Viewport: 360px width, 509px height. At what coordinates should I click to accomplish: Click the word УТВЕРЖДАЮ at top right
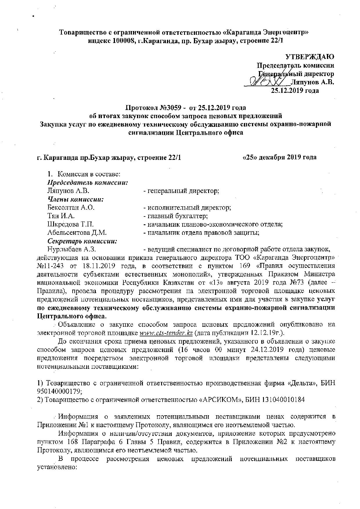click(x=310, y=56)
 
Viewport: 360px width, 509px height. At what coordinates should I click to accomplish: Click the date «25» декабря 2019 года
click(x=279, y=157)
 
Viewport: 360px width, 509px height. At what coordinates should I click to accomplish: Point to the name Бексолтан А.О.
click(x=71, y=208)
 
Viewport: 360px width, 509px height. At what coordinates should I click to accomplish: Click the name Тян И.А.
click(x=61, y=216)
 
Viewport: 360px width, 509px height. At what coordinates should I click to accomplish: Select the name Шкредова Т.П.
click(x=70, y=224)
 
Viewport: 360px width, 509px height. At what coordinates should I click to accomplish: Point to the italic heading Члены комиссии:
click(x=76, y=199)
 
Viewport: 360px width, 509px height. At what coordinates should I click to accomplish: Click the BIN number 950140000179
click(x=59, y=391)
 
